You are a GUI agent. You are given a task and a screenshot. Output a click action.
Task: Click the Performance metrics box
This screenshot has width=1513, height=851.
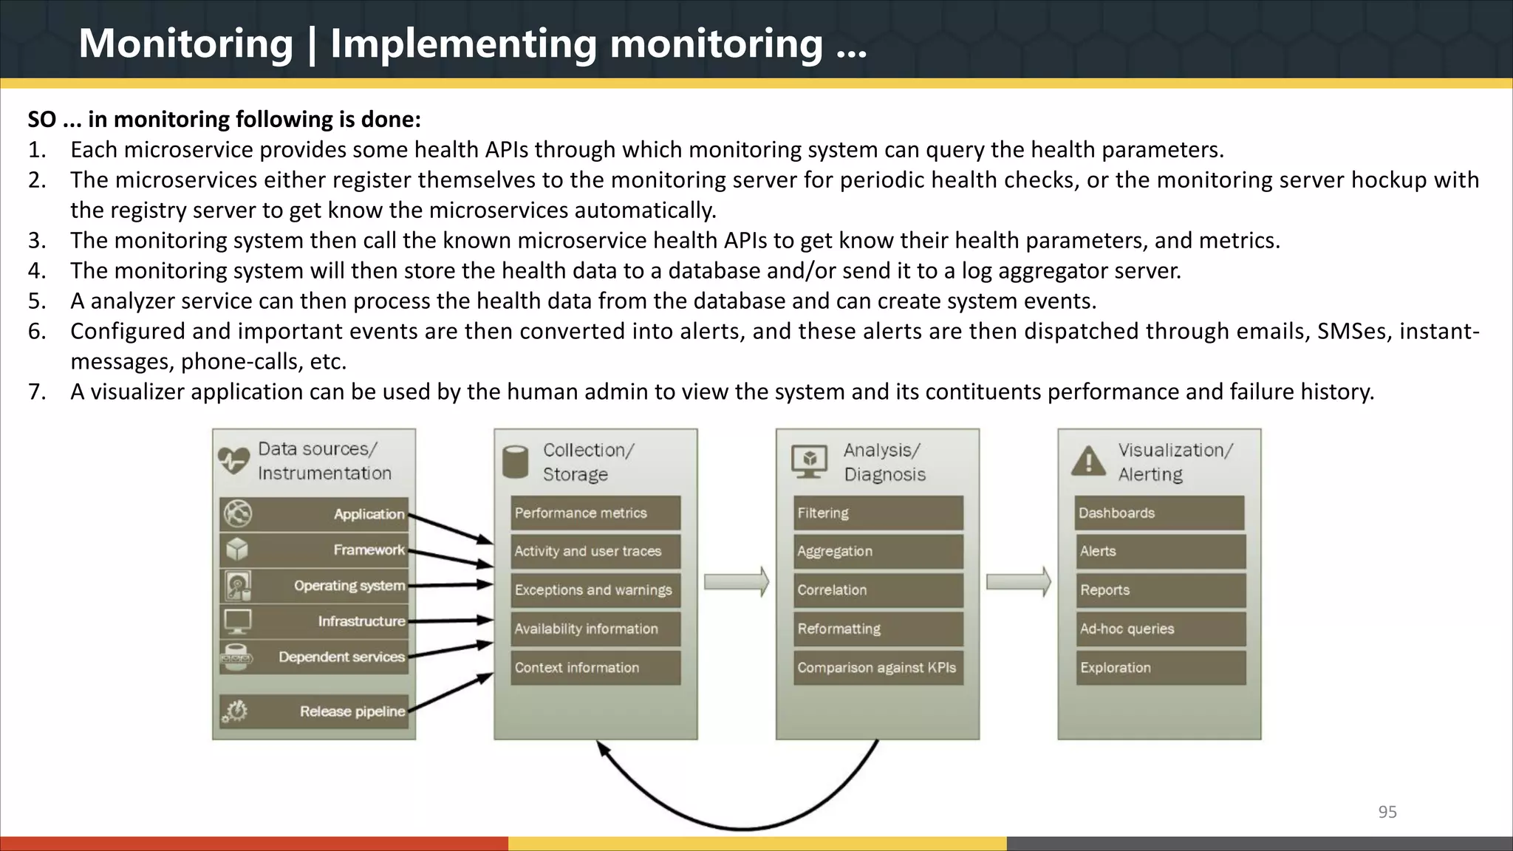click(595, 513)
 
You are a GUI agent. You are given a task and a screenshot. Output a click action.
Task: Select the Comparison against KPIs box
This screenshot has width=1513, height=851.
click(878, 667)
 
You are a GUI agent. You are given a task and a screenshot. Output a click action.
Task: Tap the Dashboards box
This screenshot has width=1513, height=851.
click(1160, 513)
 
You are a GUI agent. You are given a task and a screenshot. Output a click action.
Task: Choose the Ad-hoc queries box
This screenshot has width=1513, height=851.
click(1160, 629)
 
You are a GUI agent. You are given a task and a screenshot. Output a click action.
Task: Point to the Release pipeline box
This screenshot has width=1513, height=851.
click(314, 711)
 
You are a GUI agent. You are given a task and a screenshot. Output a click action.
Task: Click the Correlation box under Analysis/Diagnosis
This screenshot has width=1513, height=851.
click(878, 589)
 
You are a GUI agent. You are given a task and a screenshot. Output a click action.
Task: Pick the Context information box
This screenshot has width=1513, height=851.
click(595, 667)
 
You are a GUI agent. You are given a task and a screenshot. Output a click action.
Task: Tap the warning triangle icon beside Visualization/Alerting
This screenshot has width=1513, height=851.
click(1088, 462)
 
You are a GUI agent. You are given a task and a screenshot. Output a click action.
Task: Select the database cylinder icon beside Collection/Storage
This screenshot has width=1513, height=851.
click(515, 462)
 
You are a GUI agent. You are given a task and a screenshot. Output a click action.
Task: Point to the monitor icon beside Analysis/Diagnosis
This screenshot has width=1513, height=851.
click(809, 462)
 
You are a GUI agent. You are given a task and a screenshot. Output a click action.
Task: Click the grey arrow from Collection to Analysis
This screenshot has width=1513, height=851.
click(736, 582)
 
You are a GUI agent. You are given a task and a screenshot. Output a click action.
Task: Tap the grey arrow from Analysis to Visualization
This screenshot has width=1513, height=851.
click(1018, 582)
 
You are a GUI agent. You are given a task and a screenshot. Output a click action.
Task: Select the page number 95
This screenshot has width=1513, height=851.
click(1387, 812)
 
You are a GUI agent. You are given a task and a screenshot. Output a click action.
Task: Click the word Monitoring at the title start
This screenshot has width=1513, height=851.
click(186, 44)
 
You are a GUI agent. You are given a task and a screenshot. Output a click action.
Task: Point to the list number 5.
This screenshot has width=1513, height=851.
click(37, 301)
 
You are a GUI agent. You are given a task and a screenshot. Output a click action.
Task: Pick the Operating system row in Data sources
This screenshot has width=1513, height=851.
click(314, 586)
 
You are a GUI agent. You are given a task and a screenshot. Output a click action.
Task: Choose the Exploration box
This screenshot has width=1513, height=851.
click(1160, 667)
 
